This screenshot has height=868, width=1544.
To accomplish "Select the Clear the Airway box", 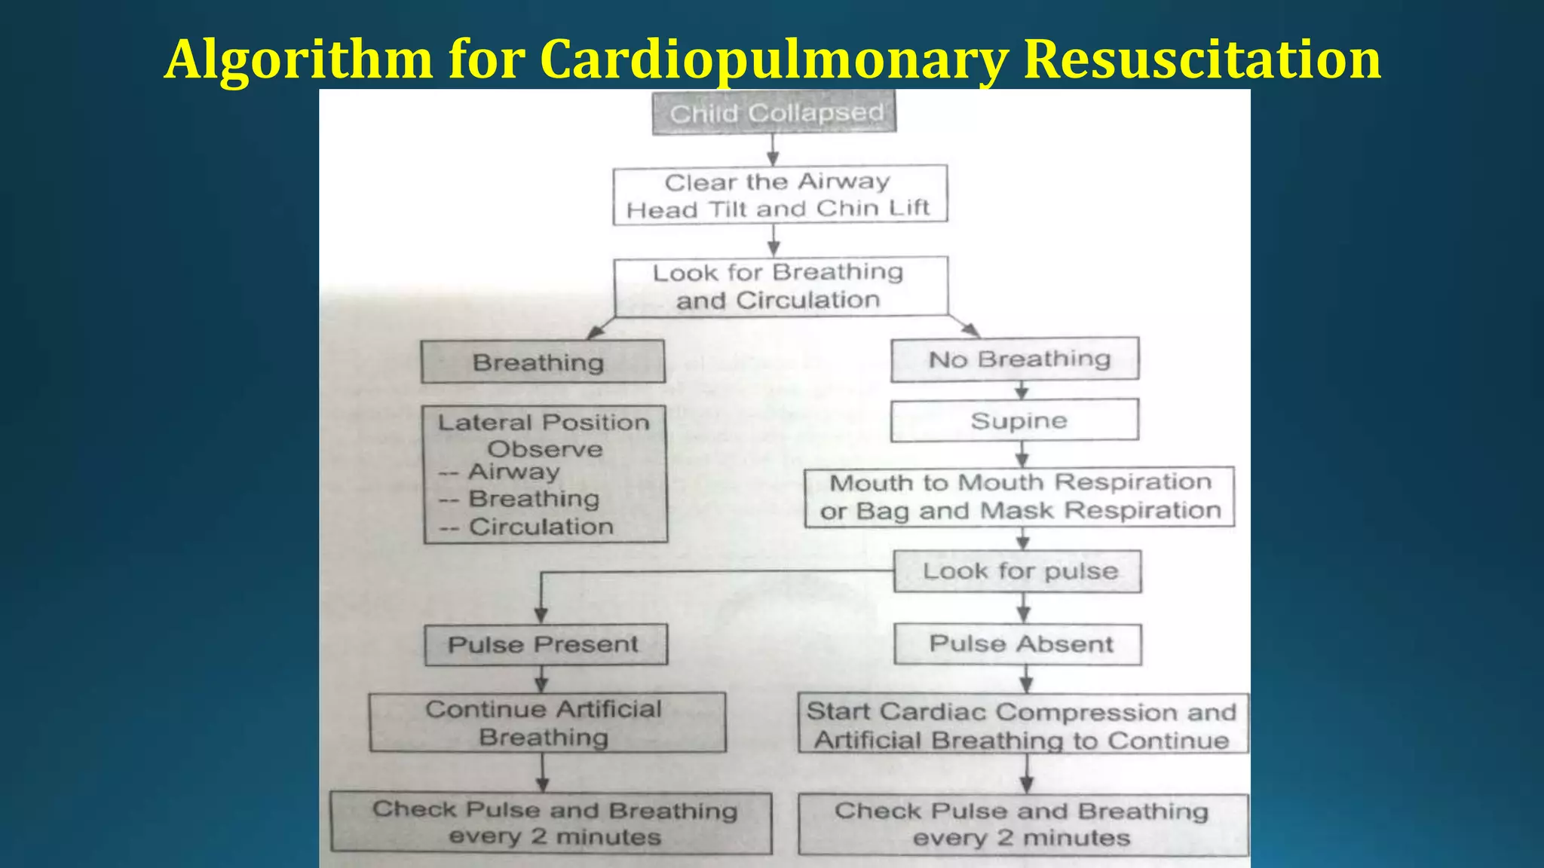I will [780, 194].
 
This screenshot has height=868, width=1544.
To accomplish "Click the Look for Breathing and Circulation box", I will [780, 286].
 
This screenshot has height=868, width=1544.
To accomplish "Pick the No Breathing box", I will [1016, 359].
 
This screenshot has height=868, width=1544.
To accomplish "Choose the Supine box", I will [1016, 420].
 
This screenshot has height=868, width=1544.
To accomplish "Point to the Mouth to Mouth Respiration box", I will [1020, 497].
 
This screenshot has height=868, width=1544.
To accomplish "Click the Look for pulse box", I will [1019, 571].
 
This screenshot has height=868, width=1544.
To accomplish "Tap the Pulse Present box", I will [545, 645].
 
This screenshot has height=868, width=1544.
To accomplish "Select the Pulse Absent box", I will [1019, 644].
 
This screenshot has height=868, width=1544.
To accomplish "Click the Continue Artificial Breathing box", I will [547, 723].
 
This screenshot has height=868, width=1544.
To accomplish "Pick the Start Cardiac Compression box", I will [1022, 725].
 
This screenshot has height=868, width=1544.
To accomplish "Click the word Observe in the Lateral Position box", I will [545, 449].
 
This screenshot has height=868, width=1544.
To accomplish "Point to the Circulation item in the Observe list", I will [541, 527].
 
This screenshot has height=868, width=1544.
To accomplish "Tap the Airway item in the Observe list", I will [514, 472].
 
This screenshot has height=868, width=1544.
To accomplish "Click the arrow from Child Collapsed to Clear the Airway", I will [773, 149].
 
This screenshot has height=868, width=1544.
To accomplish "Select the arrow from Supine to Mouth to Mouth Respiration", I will [1022, 454].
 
